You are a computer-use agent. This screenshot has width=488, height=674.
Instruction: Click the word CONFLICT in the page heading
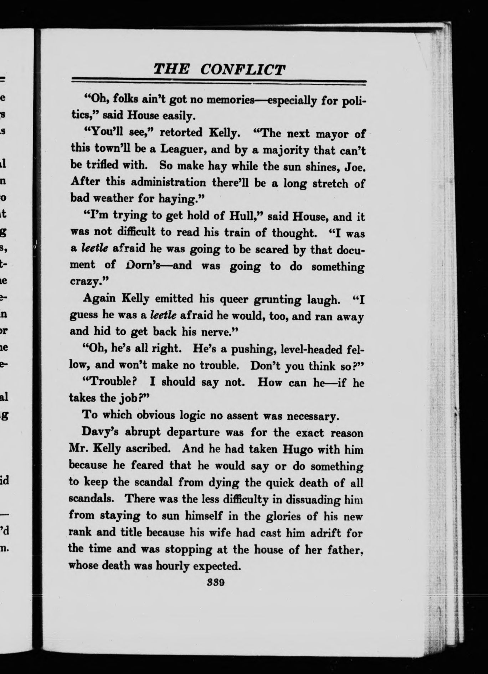(243, 69)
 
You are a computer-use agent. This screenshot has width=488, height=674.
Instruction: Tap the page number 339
(215, 583)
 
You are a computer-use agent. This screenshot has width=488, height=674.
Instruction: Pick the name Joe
(353, 168)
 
